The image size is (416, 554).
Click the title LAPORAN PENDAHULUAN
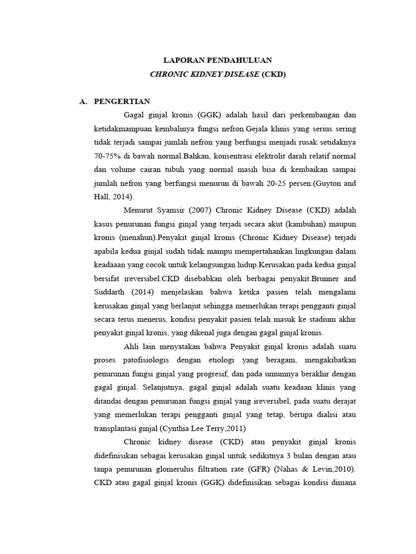[218, 60]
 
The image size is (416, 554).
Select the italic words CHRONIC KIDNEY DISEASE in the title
[204, 74]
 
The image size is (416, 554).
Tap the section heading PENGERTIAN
[122, 102]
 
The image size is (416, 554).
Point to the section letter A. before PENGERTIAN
[83, 102]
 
